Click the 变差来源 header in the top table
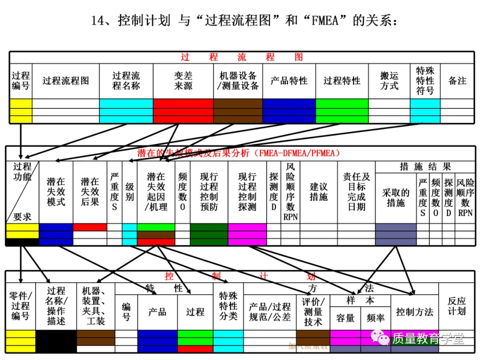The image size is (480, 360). [x=183, y=81]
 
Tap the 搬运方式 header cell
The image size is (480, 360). [x=389, y=81]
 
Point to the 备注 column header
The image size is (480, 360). [x=457, y=81]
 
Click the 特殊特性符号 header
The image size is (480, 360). [x=425, y=81]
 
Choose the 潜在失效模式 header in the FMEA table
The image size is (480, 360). [x=56, y=192]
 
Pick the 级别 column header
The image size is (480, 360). [x=129, y=192]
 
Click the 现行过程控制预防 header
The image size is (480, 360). [x=209, y=192]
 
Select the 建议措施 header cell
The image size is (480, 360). [x=319, y=192]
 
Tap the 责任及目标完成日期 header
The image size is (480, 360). [x=356, y=192]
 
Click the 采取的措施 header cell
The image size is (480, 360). [x=396, y=197]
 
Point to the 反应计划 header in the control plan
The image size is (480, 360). [x=456, y=306]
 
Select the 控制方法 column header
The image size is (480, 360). [x=414, y=312]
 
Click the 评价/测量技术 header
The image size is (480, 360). [x=313, y=312]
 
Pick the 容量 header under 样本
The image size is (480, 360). [x=345, y=318]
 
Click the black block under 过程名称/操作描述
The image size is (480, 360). [x=56, y=341]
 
